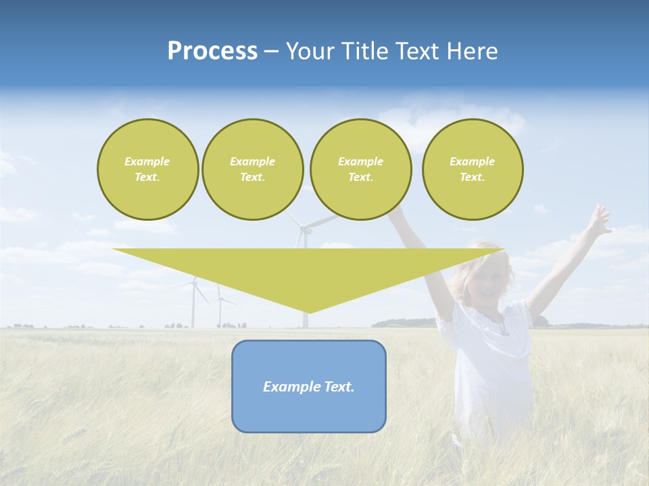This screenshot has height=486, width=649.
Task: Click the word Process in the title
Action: (212, 51)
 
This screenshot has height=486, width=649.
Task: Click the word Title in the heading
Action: (365, 51)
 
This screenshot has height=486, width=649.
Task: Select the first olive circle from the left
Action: (147, 169)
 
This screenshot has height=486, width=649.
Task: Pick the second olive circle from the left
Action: (252, 169)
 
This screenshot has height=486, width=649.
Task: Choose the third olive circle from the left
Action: (360, 169)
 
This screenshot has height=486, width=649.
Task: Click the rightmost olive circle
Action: (472, 169)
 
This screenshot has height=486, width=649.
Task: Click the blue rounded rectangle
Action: (309, 412)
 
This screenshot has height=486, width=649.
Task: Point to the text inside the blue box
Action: (309, 387)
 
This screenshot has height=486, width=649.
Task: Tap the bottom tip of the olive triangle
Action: (309, 311)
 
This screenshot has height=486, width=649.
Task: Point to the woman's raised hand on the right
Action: (598, 220)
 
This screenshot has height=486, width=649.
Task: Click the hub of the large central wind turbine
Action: (304, 230)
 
